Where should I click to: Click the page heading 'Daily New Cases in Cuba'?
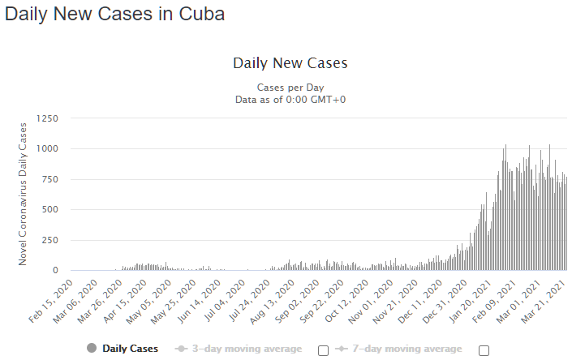tap(114, 15)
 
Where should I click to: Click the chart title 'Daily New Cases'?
tap(290, 63)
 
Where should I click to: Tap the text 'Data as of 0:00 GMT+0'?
tap(289, 99)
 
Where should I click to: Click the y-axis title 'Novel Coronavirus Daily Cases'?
tap(24, 193)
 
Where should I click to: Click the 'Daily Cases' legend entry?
tap(122, 349)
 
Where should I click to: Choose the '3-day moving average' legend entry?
tap(239, 349)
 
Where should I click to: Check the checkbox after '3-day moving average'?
tap(324, 350)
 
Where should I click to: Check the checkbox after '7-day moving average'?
tap(484, 350)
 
